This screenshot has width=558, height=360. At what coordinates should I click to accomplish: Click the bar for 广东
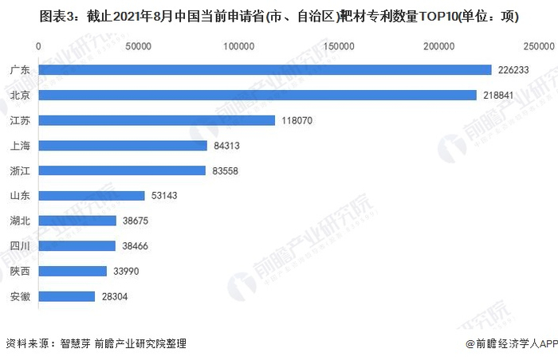tap(265, 70)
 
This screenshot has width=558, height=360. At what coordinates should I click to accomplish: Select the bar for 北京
tap(257, 95)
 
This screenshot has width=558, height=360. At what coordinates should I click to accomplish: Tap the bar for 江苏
tap(156, 120)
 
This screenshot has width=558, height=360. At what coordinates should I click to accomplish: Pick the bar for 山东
tap(91, 195)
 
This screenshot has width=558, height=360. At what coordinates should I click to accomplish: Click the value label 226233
tap(514, 70)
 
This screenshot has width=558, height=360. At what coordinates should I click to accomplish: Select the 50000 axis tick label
tap(139, 47)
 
